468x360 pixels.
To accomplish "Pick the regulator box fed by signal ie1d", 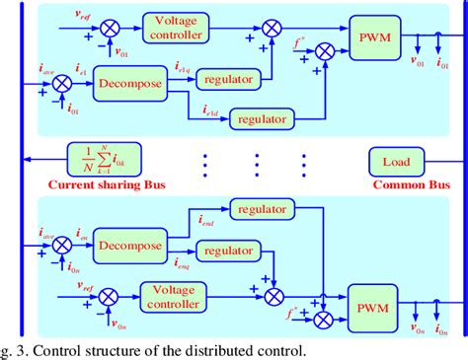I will pos(261,117).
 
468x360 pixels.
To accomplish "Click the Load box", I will pos(396,159).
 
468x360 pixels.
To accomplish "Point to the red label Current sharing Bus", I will pos(84,183).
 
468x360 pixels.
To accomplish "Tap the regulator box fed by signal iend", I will pos(261,209).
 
